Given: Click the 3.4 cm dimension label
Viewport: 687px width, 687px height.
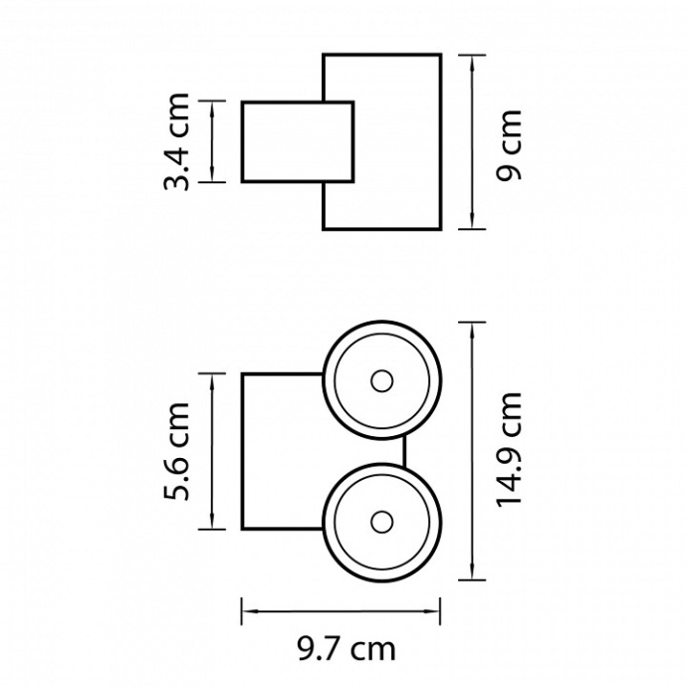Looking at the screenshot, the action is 176,141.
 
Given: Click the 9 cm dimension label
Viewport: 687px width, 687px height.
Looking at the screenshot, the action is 509,145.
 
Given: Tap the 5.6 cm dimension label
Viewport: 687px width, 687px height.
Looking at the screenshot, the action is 176,451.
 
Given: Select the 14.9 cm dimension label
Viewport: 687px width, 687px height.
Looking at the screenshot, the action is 509,450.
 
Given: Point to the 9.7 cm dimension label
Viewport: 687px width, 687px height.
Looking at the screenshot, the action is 346,649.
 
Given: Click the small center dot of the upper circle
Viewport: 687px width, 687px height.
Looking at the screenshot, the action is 381,381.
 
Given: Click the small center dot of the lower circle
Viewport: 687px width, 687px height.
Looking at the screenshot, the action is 381,522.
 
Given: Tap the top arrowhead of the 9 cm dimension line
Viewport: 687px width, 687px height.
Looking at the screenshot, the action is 472,64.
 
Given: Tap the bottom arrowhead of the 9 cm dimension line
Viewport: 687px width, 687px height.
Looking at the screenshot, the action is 472,220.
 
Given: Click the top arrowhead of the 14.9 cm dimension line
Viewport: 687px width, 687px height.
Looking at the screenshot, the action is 472,331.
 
